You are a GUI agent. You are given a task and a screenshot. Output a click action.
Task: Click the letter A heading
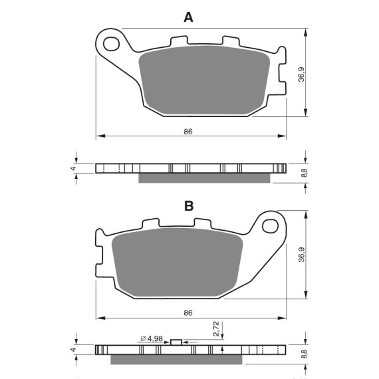pos(189,17)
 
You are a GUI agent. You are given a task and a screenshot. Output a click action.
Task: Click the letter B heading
pos(189,206)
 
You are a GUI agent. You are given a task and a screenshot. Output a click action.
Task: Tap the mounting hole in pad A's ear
pos(111,44)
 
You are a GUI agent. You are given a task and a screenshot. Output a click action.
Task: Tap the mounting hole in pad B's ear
pos(270,226)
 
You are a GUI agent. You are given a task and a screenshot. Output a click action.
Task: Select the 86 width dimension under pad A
pos(188,132)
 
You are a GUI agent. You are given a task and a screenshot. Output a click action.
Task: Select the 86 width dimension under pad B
pos(188,313)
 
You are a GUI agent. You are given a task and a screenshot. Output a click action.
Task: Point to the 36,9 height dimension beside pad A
pos(301,74)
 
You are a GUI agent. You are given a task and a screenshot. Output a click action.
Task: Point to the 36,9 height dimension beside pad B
pos(301,255)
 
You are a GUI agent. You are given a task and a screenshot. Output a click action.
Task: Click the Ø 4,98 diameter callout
pos(152,338)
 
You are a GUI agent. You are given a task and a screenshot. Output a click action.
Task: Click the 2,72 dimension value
pos(216,328)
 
